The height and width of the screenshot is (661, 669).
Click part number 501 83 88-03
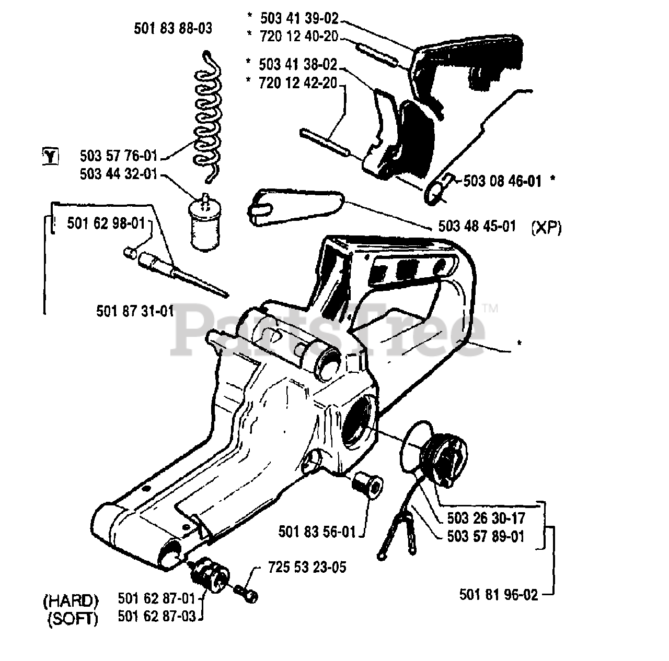pyautogui.click(x=173, y=29)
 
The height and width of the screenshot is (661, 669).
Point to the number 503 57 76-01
pyautogui.click(x=119, y=156)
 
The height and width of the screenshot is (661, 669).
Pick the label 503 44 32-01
pyautogui.click(x=119, y=174)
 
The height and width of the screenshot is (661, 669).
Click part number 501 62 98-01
pyautogui.click(x=106, y=223)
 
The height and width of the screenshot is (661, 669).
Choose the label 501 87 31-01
pyautogui.click(x=135, y=311)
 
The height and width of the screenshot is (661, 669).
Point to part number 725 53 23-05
pyautogui.click(x=307, y=567)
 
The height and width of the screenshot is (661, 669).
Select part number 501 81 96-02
pyautogui.click(x=499, y=595)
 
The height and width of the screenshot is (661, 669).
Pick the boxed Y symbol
pyautogui.click(x=50, y=156)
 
